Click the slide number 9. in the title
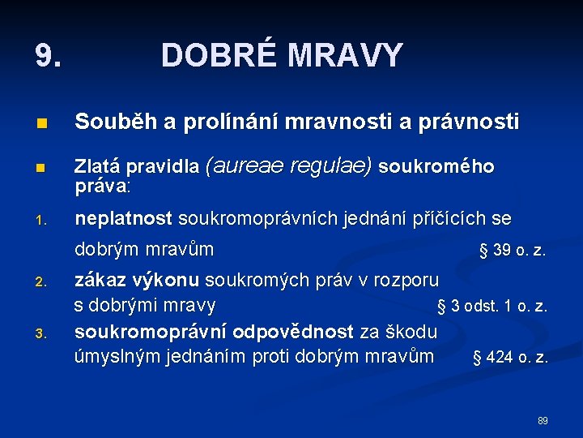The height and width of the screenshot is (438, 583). point(48,56)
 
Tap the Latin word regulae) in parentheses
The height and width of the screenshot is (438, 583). point(331,166)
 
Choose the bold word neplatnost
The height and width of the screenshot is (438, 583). point(123,219)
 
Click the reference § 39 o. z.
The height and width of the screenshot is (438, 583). point(513,251)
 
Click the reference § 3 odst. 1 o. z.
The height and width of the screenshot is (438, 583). point(492,307)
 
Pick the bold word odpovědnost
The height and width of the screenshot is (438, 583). point(293,332)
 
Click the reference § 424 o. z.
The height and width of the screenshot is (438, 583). point(510,358)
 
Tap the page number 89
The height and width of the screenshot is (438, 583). point(543,421)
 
